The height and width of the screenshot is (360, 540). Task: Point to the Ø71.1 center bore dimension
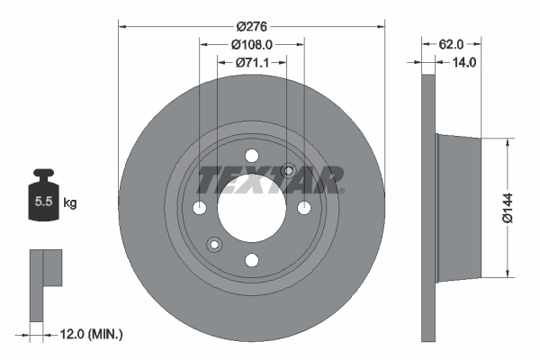tap(252, 63)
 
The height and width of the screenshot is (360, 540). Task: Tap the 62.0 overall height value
tap(452, 42)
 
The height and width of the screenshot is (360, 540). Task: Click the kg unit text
tap(70, 203)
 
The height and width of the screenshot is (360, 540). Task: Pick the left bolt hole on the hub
tap(200, 208)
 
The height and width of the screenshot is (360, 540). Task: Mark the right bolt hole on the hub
tap(304, 208)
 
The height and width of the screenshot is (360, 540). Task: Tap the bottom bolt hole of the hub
tap(252, 260)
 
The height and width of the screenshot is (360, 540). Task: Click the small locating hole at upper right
tap(289, 171)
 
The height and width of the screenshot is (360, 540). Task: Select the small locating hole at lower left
tap(214, 244)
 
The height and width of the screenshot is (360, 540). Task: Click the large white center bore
tap(252, 208)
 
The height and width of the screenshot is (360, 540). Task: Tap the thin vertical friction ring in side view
tap(428, 207)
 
